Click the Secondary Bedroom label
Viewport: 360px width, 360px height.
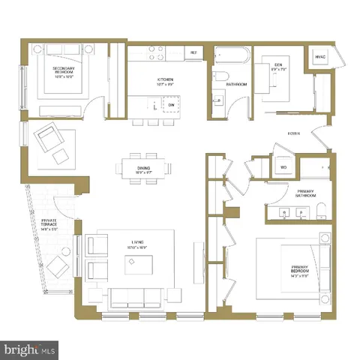point(63,70)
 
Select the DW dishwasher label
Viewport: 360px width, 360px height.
point(172,106)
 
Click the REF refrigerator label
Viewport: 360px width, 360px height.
point(193,52)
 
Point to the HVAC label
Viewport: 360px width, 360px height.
point(319,57)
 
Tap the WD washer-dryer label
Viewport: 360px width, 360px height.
point(283,166)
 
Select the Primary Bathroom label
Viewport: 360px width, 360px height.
point(305,193)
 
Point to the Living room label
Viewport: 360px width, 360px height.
point(137,242)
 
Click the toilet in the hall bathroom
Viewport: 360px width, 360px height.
point(223,77)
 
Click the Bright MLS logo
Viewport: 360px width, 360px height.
point(30,349)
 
